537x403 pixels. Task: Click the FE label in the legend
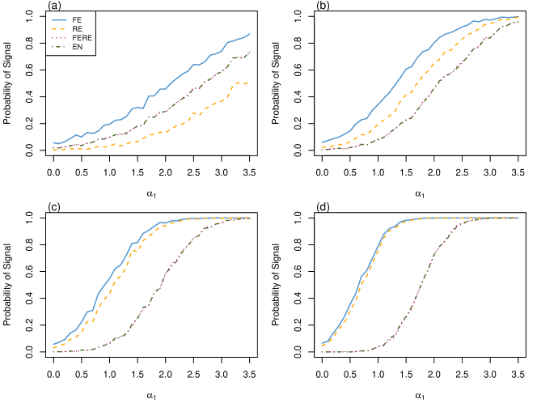click(77, 19)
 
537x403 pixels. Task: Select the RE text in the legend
click(77, 28)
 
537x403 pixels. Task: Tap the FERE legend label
click(82, 38)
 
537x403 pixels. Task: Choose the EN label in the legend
click(77, 47)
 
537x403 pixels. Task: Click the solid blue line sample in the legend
click(58, 19)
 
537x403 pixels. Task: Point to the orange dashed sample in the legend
click(58, 28)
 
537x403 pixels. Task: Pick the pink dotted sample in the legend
click(58, 38)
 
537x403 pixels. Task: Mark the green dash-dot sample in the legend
click(58, 47)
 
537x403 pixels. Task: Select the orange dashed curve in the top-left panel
click(162, 132)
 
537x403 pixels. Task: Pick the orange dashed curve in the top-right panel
click(404, 94)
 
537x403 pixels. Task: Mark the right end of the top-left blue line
click(250, 34)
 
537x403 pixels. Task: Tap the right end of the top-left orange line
click(248, 83)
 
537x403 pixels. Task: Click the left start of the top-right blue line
click(322, 142)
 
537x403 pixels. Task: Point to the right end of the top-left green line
click(250, 52)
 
